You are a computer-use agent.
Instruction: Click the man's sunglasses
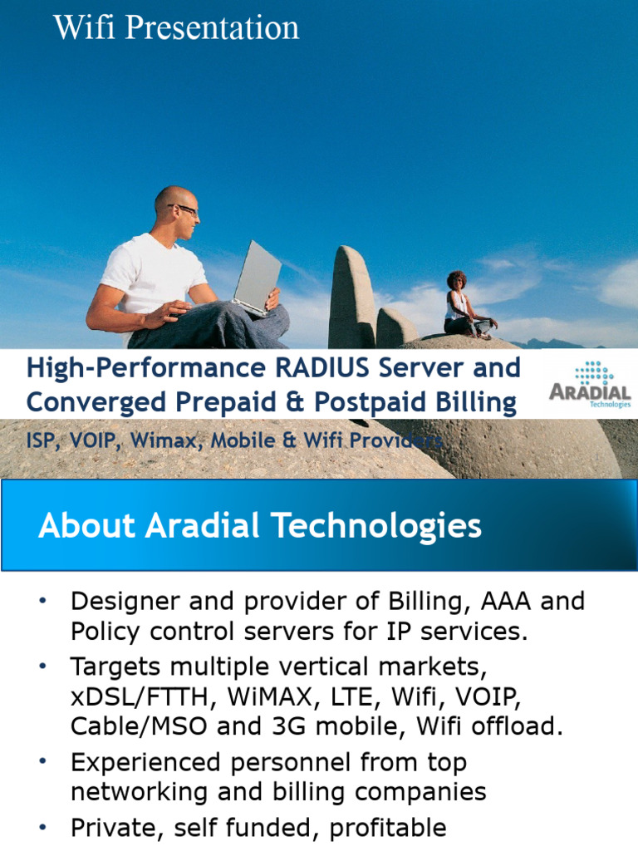[x=184, y=210]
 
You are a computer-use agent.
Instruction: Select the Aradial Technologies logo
[x=590, y=385]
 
